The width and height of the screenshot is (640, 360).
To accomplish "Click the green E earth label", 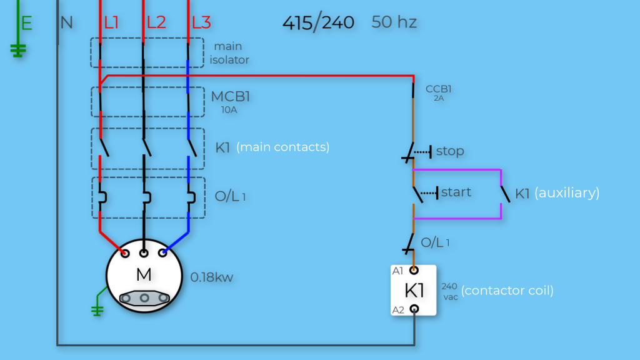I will click(x=26, y=24).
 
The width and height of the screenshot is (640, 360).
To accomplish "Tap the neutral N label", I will click(x=67, y=23).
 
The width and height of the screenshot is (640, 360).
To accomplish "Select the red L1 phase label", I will click(x=112, y=23).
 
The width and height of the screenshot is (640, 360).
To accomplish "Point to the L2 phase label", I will click(x=156, y=23).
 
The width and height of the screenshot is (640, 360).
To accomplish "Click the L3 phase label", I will click(x=201, y=23).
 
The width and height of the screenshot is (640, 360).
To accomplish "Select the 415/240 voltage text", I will click(x=318, y=23).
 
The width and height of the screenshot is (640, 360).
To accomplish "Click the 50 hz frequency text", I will click(x=394, y=22).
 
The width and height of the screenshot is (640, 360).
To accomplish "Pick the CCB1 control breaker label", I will click(x=439, y=89).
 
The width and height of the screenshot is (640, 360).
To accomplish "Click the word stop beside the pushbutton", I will click(x=450, y=151).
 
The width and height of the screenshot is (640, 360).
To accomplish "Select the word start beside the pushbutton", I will click(x=456, y=192).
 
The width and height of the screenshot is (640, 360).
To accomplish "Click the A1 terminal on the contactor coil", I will click(x=413, y=271).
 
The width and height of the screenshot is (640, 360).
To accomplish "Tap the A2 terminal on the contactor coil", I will click(x=413, y=309).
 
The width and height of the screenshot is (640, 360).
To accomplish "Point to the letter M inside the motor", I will click(x=144, y=276).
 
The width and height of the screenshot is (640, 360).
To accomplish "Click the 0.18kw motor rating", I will click(x=212, y=277).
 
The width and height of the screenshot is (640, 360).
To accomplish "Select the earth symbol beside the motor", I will click(x=97, y=309).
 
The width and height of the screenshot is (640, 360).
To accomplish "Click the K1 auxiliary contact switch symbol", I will click(x=504, y=194).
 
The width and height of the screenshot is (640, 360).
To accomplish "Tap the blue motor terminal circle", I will click(x=163, y=253).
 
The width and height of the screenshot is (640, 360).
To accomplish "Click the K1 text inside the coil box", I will click(x=414, y=291).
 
